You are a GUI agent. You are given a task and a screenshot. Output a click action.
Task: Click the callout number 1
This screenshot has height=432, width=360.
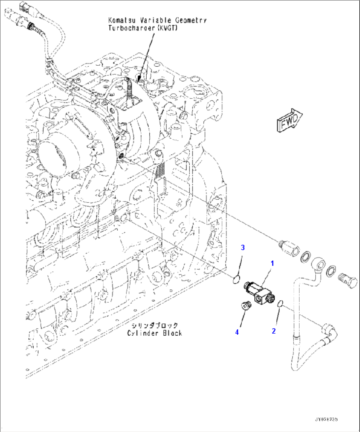[272, 263]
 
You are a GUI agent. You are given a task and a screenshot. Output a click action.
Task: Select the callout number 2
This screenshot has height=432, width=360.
[273, 331]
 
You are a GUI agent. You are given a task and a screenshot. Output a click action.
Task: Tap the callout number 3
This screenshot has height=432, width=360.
[243, 247]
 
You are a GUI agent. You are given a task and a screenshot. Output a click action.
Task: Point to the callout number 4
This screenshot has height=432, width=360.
[237, 332]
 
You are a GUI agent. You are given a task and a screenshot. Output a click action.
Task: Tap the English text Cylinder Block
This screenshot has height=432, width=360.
[155, 333]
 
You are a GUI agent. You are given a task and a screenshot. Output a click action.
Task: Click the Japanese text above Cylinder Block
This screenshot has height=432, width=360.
[155, 325]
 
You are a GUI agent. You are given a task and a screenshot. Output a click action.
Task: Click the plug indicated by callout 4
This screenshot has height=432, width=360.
[245, 306]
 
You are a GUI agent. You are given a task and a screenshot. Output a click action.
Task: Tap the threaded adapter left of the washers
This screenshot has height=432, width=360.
[287, 247]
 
